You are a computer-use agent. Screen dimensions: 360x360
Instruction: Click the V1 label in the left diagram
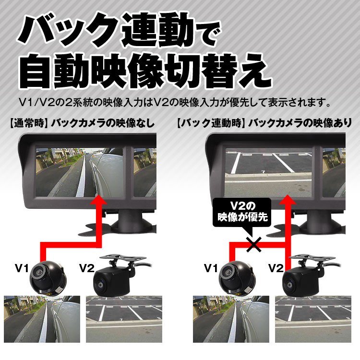(22, 268)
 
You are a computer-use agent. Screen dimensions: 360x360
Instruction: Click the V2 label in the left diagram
(87, 268)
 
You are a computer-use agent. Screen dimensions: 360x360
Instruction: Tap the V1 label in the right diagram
(211, 268)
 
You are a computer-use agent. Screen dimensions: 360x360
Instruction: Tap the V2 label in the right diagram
(276, 268)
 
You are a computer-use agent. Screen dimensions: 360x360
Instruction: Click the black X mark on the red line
(254, 244)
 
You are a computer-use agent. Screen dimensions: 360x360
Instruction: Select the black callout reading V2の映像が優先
(242, 212)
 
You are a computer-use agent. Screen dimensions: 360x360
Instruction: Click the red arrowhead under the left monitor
(99, 199)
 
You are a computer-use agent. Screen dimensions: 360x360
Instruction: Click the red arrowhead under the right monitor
(288, 199)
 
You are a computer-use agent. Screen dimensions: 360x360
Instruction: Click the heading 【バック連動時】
(209, 123)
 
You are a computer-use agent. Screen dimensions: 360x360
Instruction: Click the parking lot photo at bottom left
(124, 319)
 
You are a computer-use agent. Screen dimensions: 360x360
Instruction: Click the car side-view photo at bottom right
(231, 319)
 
